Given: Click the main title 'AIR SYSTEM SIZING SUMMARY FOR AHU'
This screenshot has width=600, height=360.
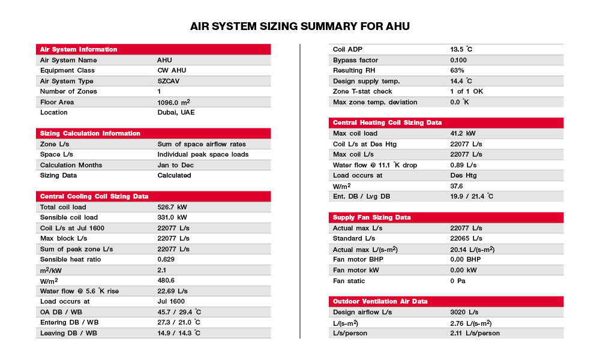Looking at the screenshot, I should click(x=300, y=26).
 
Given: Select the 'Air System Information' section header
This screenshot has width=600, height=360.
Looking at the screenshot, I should click(x=78, y=49).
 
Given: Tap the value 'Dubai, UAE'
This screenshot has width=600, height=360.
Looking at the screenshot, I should click(x=176, y=112).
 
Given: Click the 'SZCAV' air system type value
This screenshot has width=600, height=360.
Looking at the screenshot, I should click(x=169, y=81).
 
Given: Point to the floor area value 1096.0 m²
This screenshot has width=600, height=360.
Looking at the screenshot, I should click(x=174, y=102).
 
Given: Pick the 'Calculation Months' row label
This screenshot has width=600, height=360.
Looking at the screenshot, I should click(x=71, y=165).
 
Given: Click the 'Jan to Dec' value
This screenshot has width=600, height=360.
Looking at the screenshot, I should click(x=174, y=165).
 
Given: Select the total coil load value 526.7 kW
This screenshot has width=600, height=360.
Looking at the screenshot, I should click(x=172, y=207).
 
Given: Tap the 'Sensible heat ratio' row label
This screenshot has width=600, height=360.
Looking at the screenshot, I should click(x=70, y=259).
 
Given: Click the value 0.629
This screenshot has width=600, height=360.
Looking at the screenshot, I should click(x=166, y=259).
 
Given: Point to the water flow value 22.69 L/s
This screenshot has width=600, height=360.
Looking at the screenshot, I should click(x=173, y=291).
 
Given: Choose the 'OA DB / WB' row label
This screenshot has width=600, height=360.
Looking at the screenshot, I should click(x=60, y=312).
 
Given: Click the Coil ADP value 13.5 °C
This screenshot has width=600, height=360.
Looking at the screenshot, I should click(x=461, y=49).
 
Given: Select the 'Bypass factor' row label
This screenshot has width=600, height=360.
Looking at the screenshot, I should click(x=354, y=60).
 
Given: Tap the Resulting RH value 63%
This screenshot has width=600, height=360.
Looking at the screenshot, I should click(x=457, y=70).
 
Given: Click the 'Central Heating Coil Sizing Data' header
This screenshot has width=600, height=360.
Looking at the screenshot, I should click(x=387, y=122).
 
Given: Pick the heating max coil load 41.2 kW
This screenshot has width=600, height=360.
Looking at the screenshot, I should click(x=463, y=133).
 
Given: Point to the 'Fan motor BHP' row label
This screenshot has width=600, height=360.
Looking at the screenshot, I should click(x=358, y=259).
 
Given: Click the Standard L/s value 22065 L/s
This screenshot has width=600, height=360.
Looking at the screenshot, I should click(x=466, y=238).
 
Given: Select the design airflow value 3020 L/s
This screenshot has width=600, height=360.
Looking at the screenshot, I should click(x=464, y=312).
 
